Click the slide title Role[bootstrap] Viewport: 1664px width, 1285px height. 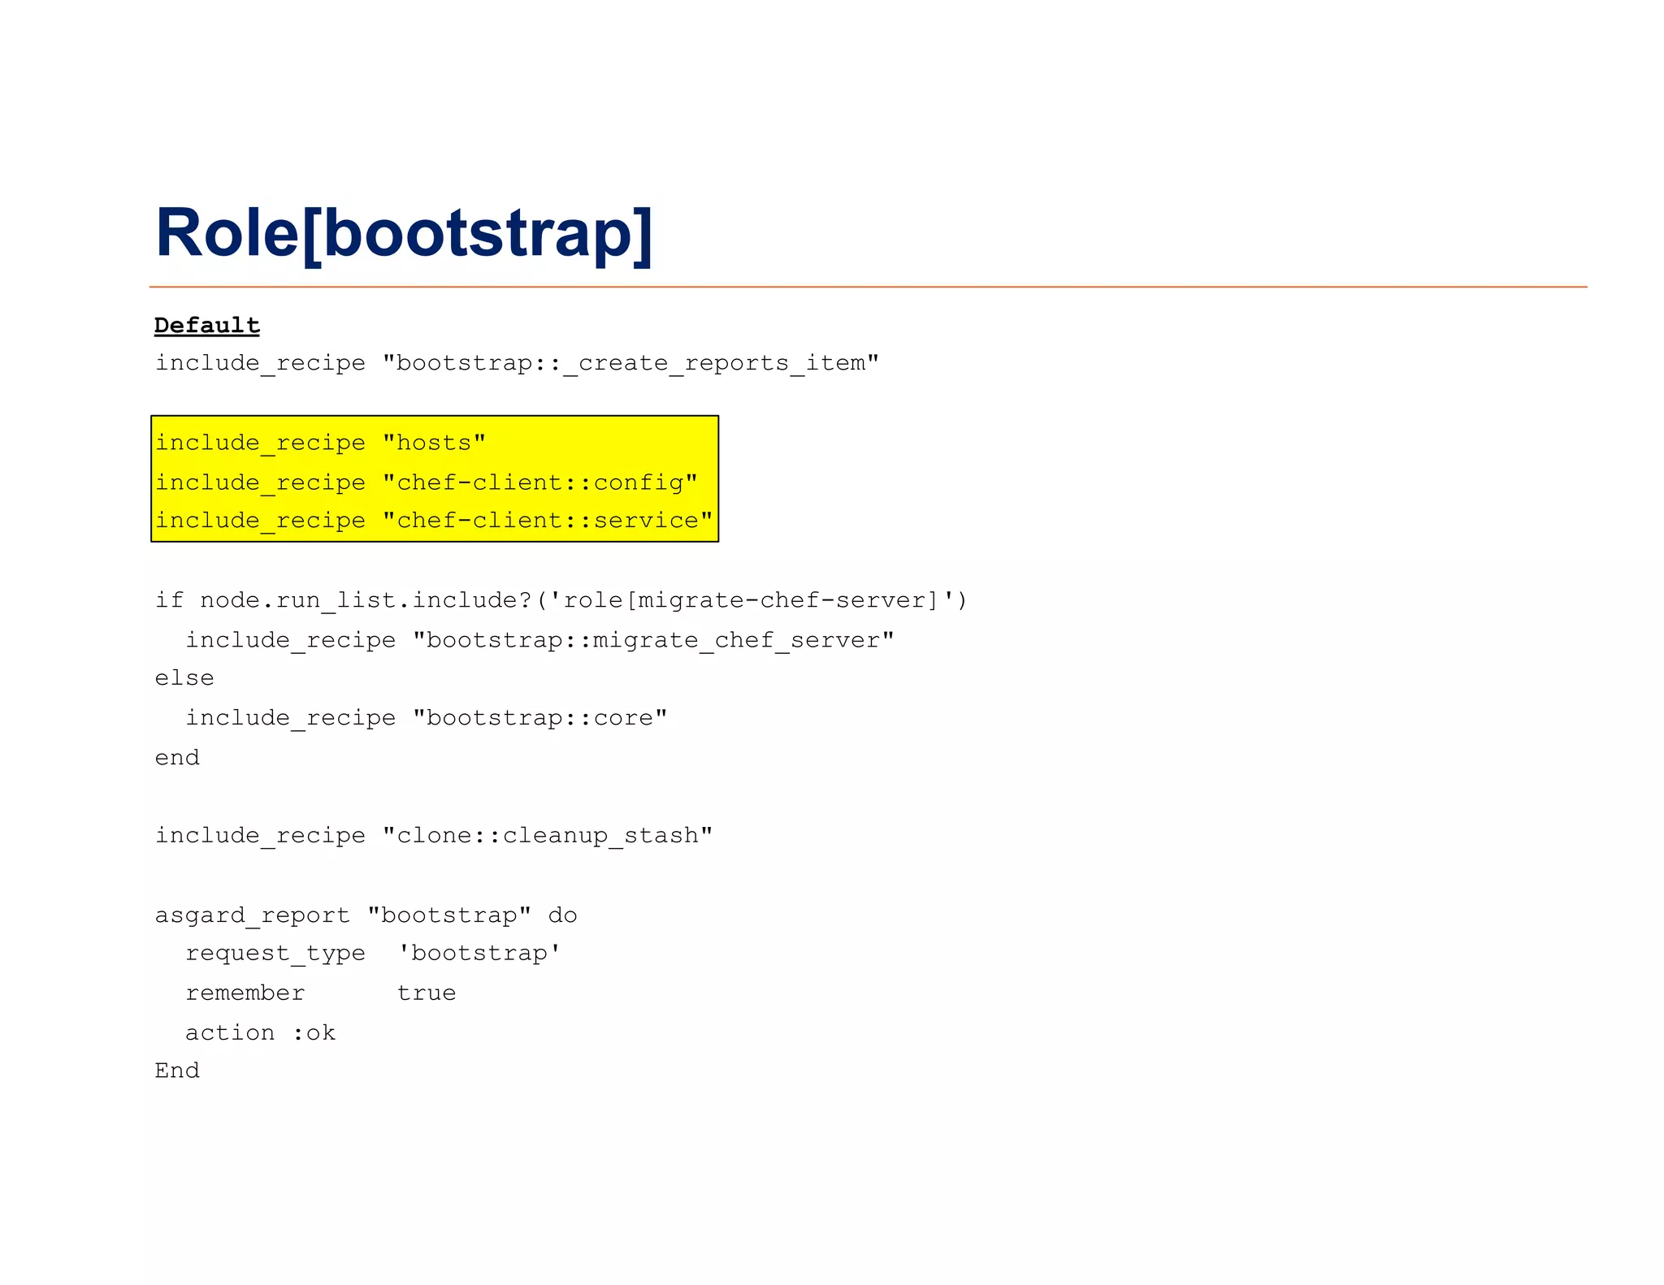[x=404, y=233]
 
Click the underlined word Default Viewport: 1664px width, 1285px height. [x=207, y=325]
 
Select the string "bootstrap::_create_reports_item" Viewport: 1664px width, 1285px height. [x=630, y=362]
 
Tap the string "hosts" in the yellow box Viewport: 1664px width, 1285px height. [x=434, y=443]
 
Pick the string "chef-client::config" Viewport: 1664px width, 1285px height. [x=539, y=482]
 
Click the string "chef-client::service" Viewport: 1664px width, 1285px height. [x=547, y=520]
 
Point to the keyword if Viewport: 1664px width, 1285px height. [x=169, y=599]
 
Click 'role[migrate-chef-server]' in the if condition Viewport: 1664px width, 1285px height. [x=752, y=599]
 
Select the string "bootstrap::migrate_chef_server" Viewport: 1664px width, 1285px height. [x=653, y=640]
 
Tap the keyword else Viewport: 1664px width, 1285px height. [x=184, y=678]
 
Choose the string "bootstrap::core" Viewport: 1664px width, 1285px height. [x=539, y=718]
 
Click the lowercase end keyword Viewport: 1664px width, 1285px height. [x=177, y=757]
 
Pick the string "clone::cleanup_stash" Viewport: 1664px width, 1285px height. [x=547, y=835]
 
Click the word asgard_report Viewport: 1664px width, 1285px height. [x=252, y=915]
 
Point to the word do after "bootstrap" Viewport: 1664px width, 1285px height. [x=562, y=915]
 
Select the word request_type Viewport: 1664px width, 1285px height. [x=275, y=953]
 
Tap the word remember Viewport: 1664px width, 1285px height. [x=245, y=993]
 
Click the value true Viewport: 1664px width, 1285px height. [x=426, y=993]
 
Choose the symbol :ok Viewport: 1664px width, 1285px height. [x=314, y=1032]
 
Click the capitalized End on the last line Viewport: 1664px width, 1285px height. [x=177, y=1071]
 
